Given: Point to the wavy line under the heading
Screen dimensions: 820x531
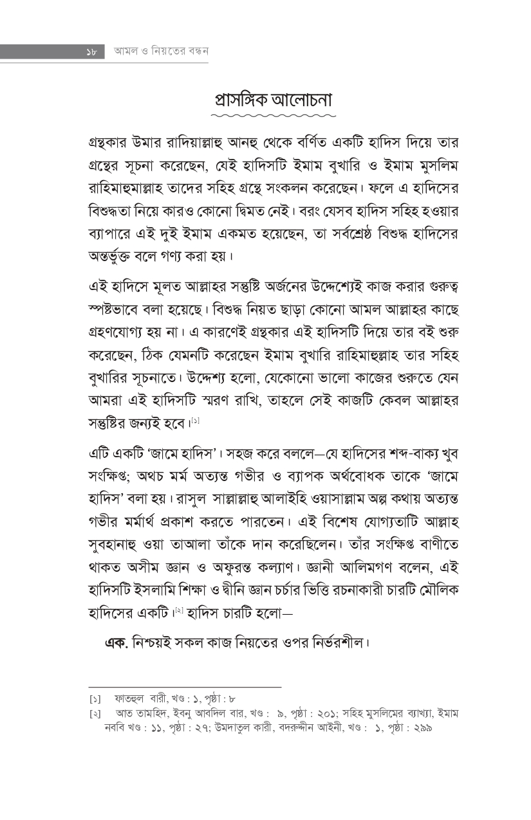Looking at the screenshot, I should point(274,116).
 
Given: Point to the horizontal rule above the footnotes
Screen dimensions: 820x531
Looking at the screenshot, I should point(185,687).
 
